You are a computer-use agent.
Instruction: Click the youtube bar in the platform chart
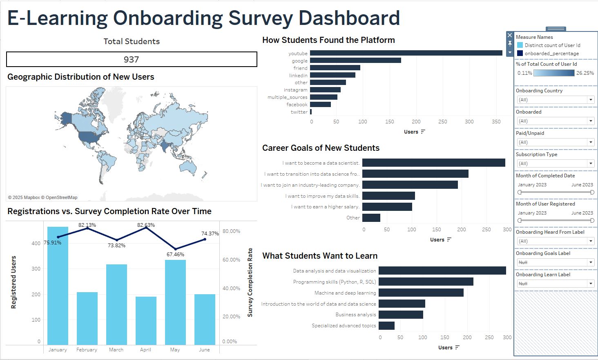(x=406, y=53)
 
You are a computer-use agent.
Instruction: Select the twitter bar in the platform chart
(x=311, y=112)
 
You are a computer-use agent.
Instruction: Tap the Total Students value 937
(x=132, y=60)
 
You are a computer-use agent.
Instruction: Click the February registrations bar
(x=87, y=318)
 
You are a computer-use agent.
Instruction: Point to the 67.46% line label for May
(x=175, y=255)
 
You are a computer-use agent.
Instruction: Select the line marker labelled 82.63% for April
(x=146, y=228)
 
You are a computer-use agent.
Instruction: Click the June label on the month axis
(x=204, y=350)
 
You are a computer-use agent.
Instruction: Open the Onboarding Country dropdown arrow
(x=591, y=100)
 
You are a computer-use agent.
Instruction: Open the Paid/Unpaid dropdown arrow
(x=591, y=142)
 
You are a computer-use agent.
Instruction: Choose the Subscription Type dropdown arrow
(x=591, y=163)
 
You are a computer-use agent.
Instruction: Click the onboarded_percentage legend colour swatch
(x=520, y=54)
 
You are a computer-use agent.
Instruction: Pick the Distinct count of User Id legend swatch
(x=520, y=45)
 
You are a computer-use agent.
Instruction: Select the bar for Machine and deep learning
(x=421, y=293)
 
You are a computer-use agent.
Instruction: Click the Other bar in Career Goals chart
(x=371, y=218)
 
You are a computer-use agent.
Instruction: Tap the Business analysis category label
(x=355, y=315)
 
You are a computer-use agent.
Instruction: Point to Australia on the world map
(x=189, y=165)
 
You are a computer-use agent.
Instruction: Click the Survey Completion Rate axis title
(x=250, y=282)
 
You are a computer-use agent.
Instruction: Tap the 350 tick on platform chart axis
(x=496, y=122)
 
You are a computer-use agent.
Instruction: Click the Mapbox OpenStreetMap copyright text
(x=42, y=197)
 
